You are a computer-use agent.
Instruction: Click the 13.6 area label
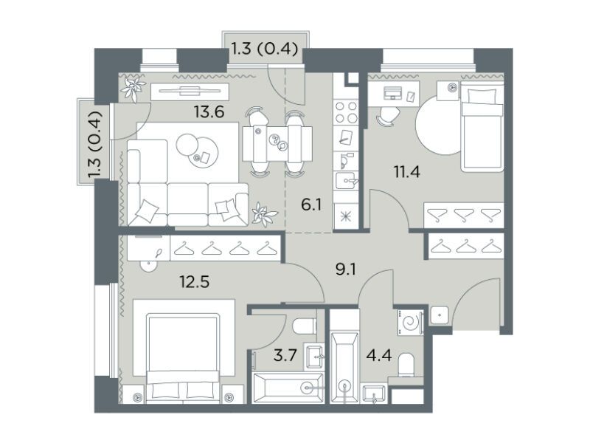coord(209,111)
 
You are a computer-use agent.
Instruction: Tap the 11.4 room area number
coord(407,172)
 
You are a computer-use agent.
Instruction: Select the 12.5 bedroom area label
coord(195,281)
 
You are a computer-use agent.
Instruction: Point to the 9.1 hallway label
coord(346,269)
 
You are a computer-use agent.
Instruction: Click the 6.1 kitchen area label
coord(311,205)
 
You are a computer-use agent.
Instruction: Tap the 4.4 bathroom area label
coord(379,355)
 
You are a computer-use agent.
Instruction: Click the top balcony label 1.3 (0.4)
coord(264,49)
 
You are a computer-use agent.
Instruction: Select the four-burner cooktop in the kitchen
coord(346,112)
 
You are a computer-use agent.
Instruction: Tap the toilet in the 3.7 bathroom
coord(305,326)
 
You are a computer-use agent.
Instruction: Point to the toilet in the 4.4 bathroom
coord(406,365)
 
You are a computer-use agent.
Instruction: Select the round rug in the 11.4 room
coord(438,123)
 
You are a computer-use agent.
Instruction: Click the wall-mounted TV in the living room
coord(190,91)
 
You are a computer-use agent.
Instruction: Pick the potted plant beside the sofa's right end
coord(265,213)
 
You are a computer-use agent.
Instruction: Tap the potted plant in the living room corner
coord(133,89)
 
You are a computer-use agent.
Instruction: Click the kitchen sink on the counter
coord(347,182)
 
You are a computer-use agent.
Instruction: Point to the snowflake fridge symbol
coord(345,217)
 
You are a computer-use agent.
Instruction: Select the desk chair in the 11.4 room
coord(388,116)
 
